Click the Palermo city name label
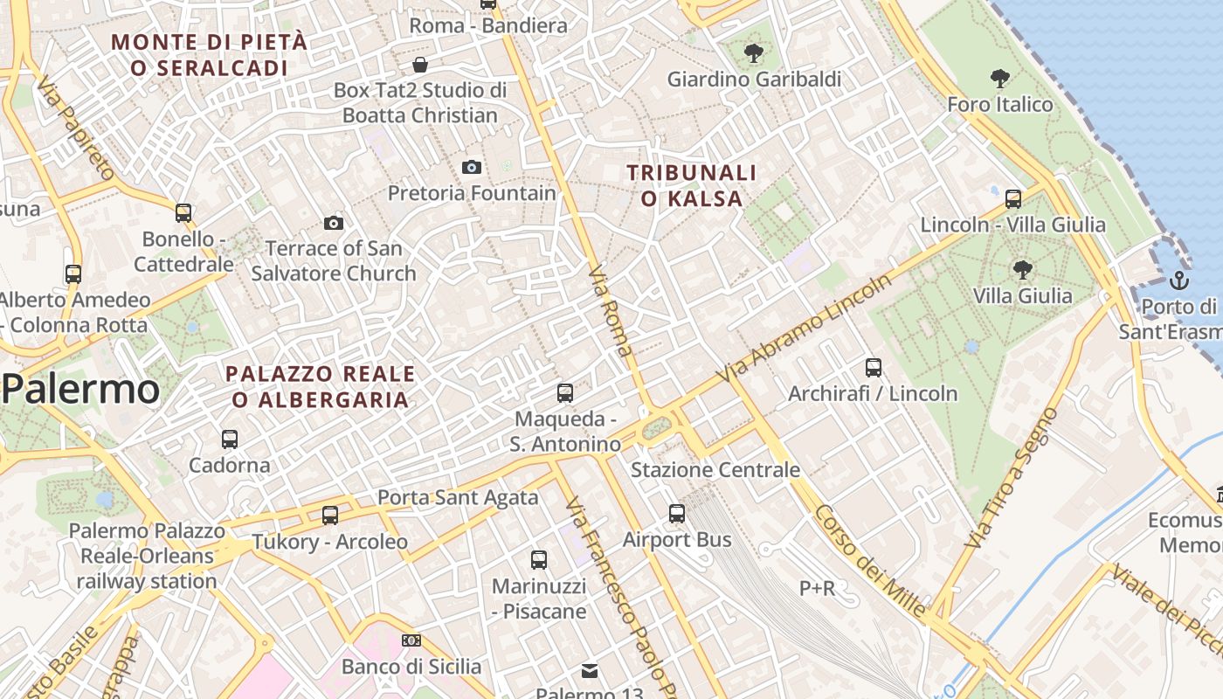pos(80,390)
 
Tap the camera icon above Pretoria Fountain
pos(472,167)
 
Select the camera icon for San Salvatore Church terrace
pos(333,224)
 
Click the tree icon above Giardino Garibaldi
pos(753,53)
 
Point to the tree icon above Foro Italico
pos(1000,79)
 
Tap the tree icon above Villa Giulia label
pos(1022,270)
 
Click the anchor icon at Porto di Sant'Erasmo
pos(1179,280)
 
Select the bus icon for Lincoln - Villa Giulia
pos(1013,199)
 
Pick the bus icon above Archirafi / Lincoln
pos(873,368)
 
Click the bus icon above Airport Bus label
pos(677,514)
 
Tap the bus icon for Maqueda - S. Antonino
pos(565,393)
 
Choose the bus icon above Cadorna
pos(230,439)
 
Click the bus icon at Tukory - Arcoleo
pos(329,516)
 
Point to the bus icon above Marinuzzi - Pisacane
pos(539,560)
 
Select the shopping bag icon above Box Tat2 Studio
pos(420,65)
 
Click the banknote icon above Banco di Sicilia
pos(411,640)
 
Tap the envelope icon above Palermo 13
pos(590,671)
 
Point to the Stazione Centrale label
pos(715,470)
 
